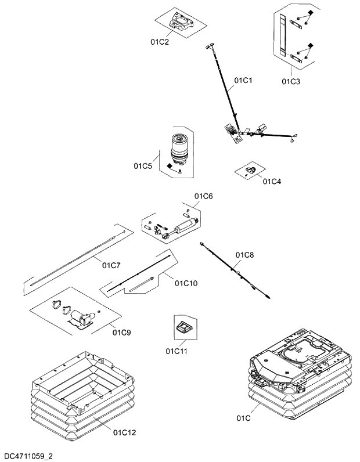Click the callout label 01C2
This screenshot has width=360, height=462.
[x=159, y=42]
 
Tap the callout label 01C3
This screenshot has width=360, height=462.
[x=291, y=81]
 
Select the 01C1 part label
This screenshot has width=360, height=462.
[x=243, y=80]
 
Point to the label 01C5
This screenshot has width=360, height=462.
[x=143, y=167]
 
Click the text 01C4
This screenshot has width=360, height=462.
[x=272, y=181]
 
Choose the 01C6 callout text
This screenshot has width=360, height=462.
[x=203, y=196]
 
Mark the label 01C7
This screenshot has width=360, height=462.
[x=111, y=265]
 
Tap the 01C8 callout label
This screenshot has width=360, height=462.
[x=244, y=254]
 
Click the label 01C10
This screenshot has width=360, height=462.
[x=186, y=283]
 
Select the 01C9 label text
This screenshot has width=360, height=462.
[x=121, y=333]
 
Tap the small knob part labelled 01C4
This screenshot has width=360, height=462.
[x=251, y=169]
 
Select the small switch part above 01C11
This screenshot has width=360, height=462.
[x=183, y=326]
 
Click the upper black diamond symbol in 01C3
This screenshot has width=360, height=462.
[x=311, y=13]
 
